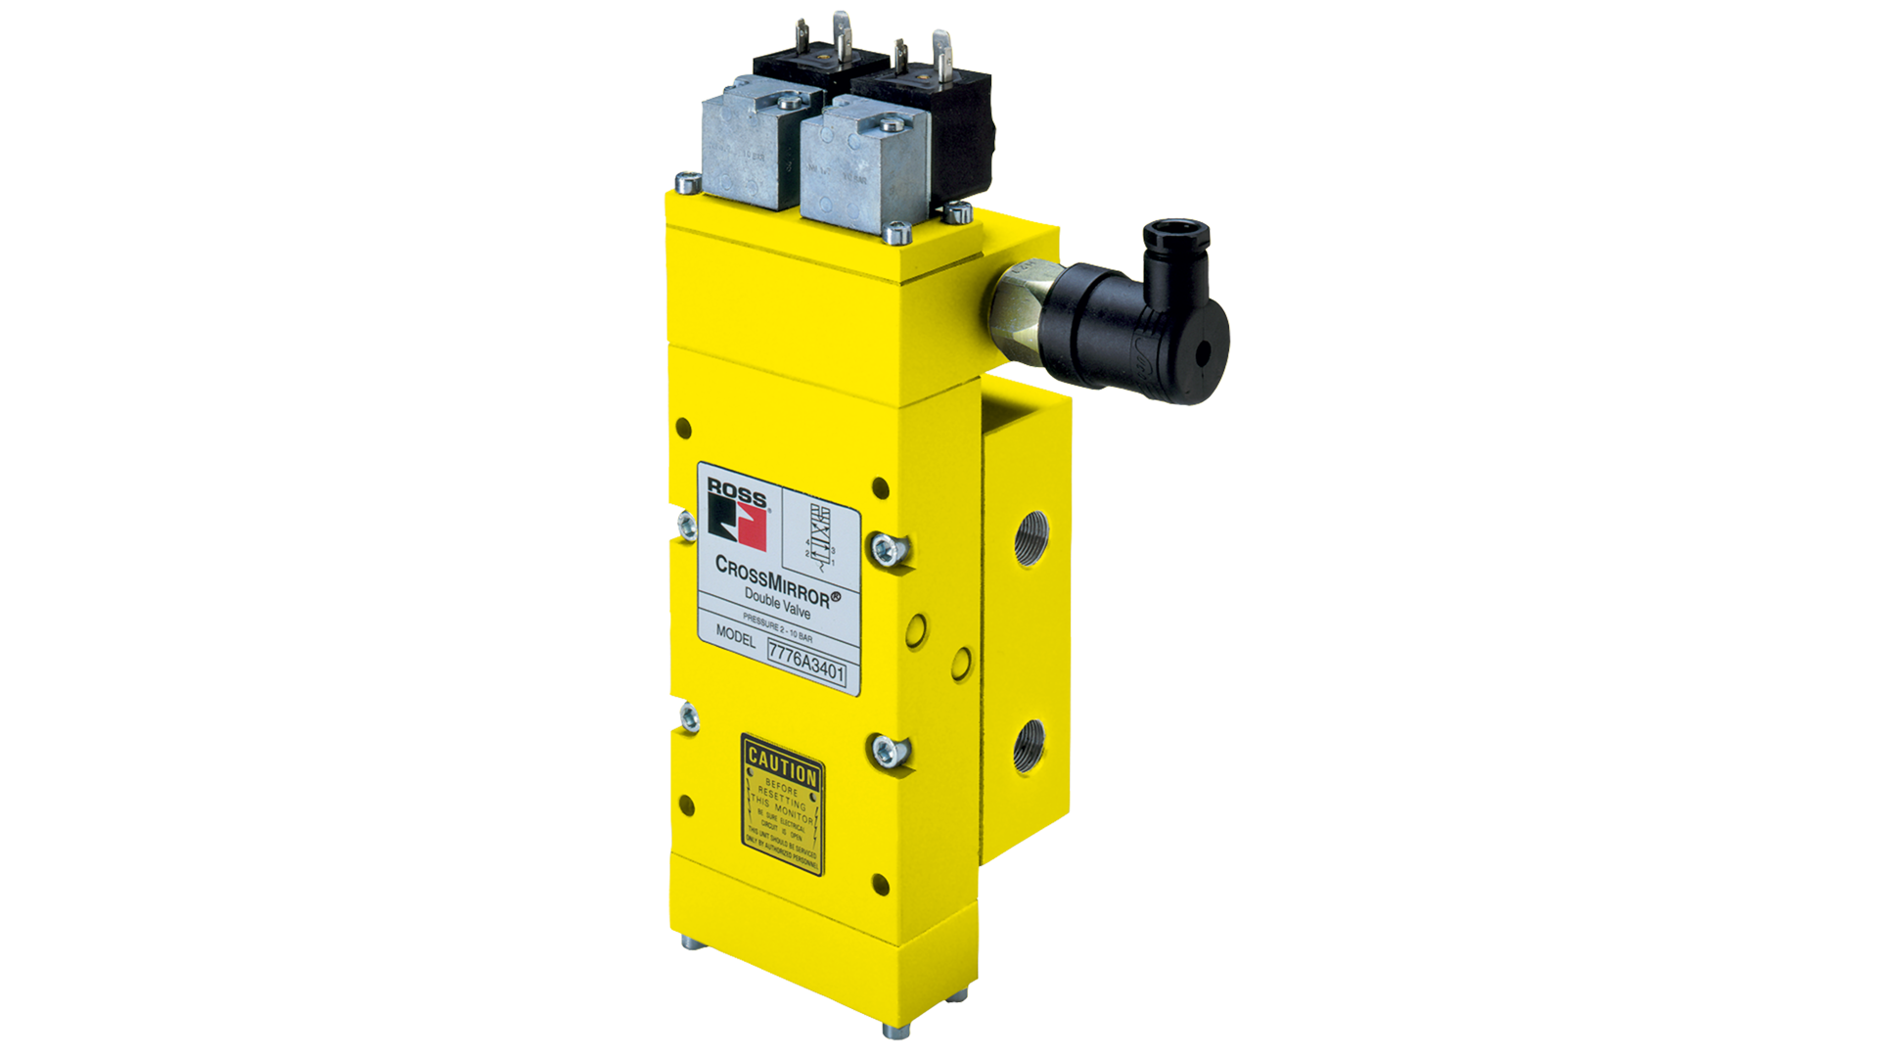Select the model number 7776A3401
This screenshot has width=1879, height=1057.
pos(806,665)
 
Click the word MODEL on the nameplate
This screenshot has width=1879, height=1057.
pos(736,635)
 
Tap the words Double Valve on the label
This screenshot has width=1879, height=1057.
pos(777,603)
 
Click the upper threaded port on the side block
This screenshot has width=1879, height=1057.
pos(1027,538)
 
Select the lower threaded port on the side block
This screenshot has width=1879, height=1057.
pos(1028,746)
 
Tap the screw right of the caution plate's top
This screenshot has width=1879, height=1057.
pos(887,752)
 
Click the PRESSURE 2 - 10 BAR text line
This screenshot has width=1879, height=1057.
pos(777,625)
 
